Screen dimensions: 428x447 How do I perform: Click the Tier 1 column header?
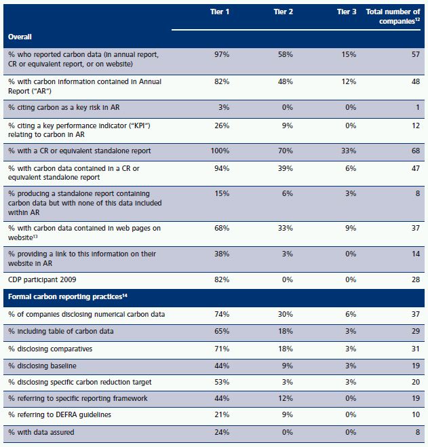(220, 12)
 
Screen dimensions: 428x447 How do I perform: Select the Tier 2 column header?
(283, 12)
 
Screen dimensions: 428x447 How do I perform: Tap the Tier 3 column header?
(347, 12)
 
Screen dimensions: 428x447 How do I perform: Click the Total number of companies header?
(393, 16)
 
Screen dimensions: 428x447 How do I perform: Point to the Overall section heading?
(20, 37)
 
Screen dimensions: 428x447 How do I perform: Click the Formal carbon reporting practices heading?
(68, 297)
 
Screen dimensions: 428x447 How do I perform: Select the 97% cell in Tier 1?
(222, 54)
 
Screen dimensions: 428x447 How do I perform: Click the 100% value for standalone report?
(220, 151)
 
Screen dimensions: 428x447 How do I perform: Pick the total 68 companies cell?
(416, 151)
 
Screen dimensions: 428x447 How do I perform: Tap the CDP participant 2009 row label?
(42, 279)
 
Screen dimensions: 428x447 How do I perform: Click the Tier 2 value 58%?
(286, 54)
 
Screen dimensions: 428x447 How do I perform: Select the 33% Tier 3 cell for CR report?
(349, 151)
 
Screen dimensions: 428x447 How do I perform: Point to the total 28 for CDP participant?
(416, 279)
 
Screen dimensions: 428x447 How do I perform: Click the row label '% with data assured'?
(41, 432)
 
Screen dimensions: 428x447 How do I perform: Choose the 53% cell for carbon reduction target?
(222, 382)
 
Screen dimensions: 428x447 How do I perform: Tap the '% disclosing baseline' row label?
(42, 366)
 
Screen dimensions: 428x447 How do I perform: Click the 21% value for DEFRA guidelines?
(222, 414)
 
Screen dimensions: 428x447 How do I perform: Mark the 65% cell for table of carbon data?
(222, 331)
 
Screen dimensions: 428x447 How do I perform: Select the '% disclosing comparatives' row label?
(50, 349)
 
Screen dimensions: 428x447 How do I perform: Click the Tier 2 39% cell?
(286, 168)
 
